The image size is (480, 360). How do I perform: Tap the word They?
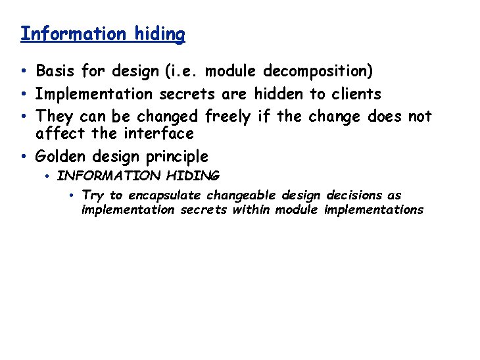(55, 117)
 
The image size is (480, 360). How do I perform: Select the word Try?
(93, 195)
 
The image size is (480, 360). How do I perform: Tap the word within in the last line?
(251, 210)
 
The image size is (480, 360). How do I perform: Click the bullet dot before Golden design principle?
(23, 157)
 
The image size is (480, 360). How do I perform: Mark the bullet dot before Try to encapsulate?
(72, 195)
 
